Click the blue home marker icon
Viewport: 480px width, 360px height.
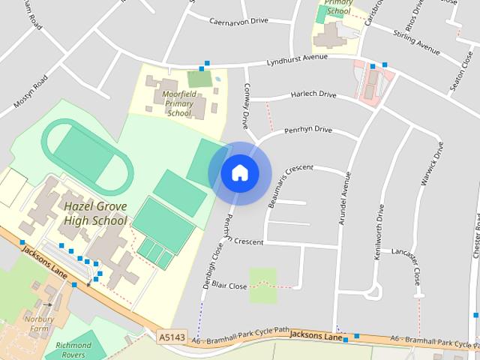click(239, 172)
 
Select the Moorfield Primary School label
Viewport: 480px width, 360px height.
click(179, 103)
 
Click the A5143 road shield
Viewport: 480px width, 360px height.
click(171, 339)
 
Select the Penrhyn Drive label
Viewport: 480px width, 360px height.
click(307, 130)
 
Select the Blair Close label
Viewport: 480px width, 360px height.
click(229, 286)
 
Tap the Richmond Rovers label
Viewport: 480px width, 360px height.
click(73, 349)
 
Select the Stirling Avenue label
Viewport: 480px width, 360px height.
click(417, 41)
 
